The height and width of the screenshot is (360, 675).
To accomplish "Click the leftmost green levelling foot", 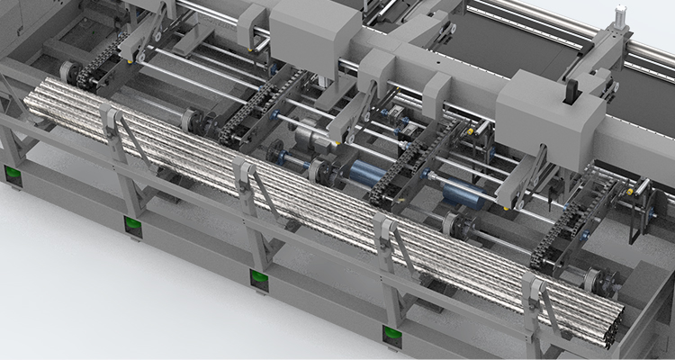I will pos(13,175).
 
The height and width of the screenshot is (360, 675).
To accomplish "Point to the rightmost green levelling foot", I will pos(392,335).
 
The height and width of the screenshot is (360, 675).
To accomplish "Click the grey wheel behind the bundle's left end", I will pos(67,72).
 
